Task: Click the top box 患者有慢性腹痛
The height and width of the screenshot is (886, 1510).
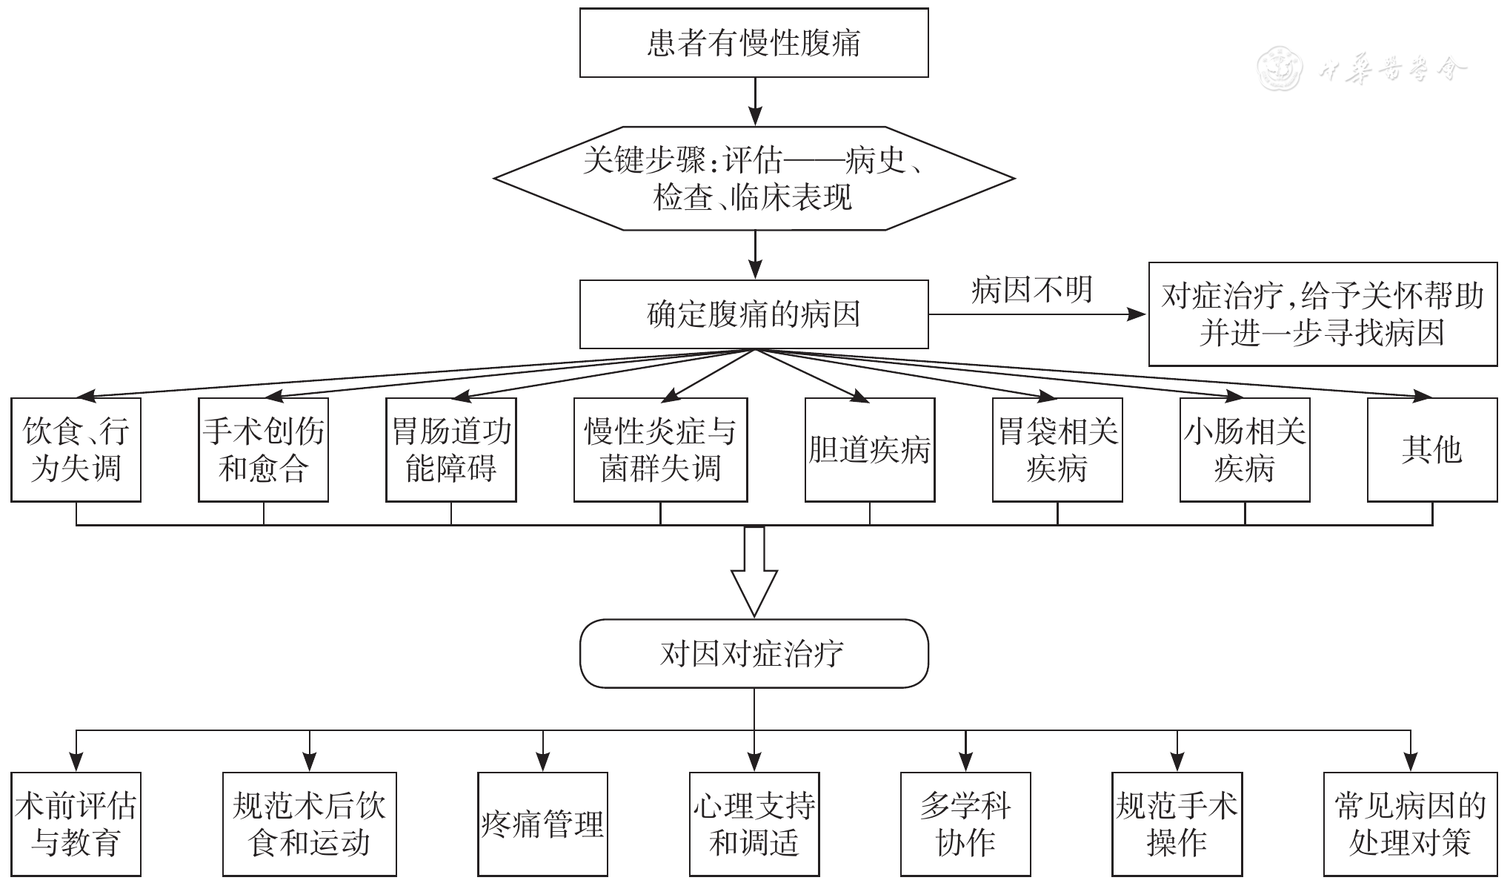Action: coord(754,43)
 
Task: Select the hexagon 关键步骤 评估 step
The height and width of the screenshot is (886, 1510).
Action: coord(754,178)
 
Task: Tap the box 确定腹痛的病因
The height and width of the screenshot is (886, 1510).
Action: coord(754,314)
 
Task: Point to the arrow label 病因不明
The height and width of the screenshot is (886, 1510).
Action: coord(1031,290)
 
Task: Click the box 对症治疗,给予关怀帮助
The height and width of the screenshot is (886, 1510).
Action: coord(1323,314)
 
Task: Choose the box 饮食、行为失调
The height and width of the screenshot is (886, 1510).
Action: coord(76,450)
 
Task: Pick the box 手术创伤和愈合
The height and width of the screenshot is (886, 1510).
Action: coord(263,450)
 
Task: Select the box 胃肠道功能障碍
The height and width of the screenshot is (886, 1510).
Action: coord(451,450)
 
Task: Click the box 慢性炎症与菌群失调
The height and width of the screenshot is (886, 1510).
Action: coord(660,450)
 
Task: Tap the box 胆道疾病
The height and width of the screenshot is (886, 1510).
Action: coord(870,450)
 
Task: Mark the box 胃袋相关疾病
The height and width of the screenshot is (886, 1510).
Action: coord(1057,450)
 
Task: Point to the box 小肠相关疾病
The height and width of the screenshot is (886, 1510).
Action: coord(1245,450)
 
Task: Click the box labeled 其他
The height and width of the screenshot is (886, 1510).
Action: coord(1432,450)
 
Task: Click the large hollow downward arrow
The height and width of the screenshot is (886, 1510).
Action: coord(754,575)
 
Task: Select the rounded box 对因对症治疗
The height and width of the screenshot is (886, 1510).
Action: coord(754,654)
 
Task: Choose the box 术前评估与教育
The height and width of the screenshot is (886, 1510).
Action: coord(76,824)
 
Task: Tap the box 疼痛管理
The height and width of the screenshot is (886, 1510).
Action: coord(542,824)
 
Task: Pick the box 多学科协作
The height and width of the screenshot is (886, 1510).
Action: coord(965,824)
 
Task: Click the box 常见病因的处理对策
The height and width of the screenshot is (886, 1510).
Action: coord(1410,824)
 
